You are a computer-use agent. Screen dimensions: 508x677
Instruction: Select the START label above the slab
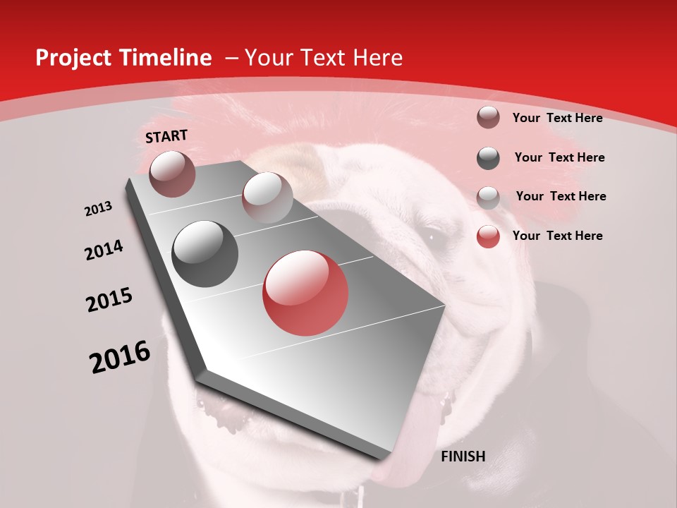(x=166, y=136)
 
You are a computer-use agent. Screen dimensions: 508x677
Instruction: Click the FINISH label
(x=463, y=456)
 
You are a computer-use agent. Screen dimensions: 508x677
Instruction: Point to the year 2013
(x=99, y=209)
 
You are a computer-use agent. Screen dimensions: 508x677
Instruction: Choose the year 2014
(x=104, y=250)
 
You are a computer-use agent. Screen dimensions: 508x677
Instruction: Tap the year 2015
(x=109, y=300)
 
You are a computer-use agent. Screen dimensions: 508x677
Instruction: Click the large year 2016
(x=120, y=357)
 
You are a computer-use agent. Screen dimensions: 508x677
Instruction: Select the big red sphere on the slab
(x=305, y=294)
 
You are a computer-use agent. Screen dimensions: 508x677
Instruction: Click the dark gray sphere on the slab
(x=205, y=254)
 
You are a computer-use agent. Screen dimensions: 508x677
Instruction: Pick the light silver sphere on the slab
(x=267, y=198)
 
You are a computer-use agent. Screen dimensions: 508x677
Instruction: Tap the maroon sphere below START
(x=172, y=174)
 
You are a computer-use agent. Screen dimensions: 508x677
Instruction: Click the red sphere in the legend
(x=488, y=236)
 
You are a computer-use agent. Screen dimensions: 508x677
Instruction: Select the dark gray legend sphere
(x=488, y=158)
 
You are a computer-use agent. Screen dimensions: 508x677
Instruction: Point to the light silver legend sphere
(x=488, y=198)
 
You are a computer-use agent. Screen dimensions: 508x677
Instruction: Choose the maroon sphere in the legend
(x=488, y=117)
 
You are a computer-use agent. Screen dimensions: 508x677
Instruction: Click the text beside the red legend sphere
(x=557, y=236)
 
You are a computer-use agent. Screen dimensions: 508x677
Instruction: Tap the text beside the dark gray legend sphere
(x=559, y=157)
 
